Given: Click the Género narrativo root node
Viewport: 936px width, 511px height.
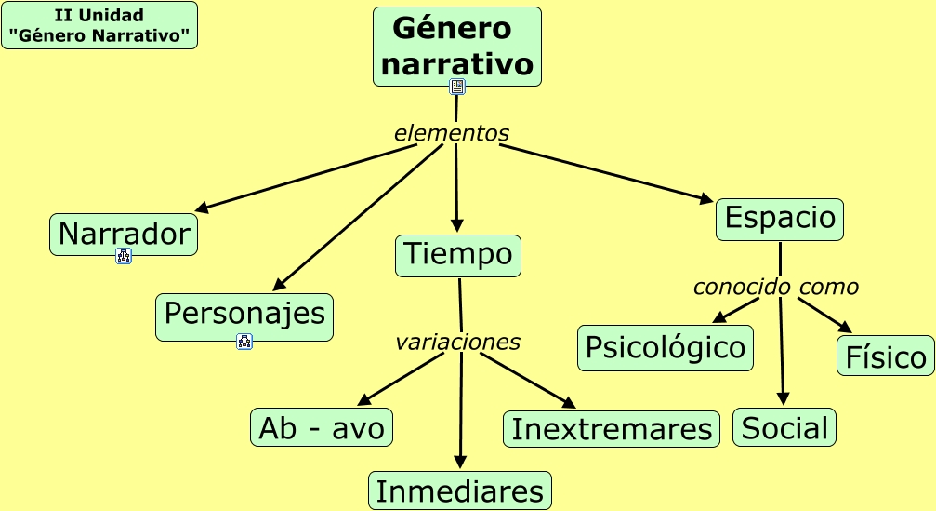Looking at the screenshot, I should (457, 46).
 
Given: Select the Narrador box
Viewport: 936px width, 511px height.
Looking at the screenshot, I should (124, 234).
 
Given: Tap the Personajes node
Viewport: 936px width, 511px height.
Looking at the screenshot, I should (244, 315).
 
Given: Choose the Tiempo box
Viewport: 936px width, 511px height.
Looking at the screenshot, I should (458, 255).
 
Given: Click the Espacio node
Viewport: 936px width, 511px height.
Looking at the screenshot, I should (780, 219).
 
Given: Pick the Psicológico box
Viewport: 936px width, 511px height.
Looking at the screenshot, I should (666, 347).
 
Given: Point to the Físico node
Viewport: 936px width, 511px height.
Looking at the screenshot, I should (885, 356).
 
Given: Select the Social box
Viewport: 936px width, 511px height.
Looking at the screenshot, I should (784, 428).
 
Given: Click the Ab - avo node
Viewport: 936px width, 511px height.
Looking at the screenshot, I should (322, 427).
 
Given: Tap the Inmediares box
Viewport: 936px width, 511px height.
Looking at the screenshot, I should (460, 491).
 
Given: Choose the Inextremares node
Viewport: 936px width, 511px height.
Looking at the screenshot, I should (612, 429).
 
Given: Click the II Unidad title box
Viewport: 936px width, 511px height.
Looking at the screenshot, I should (99, 25).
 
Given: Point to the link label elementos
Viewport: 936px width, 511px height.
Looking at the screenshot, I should (452, 133).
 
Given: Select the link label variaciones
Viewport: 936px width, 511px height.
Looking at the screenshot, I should (457, 342).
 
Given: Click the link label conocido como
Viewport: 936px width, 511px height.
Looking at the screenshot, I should (775, 287).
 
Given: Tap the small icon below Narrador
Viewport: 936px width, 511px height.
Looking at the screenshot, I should (124, 256).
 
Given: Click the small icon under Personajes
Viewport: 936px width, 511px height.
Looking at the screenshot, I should (244, 342).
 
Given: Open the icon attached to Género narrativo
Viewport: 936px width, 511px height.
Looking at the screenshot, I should (457, 87).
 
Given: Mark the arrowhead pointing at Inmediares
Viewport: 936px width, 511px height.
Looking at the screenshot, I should (461, 463).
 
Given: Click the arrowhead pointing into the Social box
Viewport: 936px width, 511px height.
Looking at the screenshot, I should (784, 399).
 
